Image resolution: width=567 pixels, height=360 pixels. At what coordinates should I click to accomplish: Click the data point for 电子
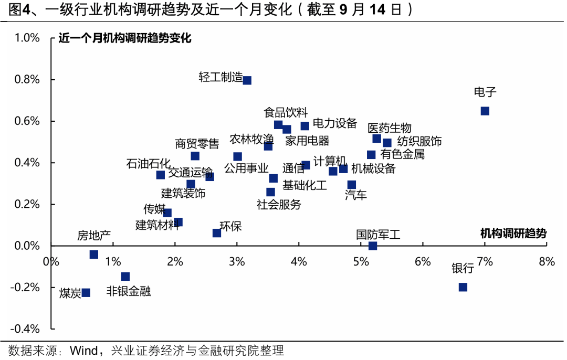(x=485, y=111)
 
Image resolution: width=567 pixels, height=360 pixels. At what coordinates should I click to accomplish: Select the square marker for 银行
(x=463, y=287)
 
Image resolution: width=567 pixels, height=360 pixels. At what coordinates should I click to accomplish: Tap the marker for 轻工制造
(x=247, y=80)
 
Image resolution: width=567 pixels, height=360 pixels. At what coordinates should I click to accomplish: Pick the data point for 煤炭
(x=86, y=292)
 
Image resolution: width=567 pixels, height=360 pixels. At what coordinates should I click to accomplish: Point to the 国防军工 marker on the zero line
(x=372, y=246)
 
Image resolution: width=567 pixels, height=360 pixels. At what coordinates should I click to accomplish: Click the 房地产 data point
(x=93, y=254)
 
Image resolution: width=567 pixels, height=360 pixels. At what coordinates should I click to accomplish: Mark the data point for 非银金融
(x=125, y=277)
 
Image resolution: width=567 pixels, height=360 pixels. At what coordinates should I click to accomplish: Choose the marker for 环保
(x=216, y=232)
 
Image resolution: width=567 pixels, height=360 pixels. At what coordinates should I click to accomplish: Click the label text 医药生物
(x=389, y=128)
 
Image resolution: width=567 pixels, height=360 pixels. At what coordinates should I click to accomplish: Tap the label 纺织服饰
(x=419, y=141)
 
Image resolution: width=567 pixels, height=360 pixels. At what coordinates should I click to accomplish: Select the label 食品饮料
(x=285, y=112)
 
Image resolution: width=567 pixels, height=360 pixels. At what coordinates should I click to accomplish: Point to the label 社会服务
(x=279, y=204)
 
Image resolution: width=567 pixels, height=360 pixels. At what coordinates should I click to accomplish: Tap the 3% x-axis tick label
(x=237, y=261)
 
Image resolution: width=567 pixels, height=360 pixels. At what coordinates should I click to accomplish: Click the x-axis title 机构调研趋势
(x=513, y=234)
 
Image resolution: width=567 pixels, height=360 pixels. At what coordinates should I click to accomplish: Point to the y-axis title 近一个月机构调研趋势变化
(x=125, y=38)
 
